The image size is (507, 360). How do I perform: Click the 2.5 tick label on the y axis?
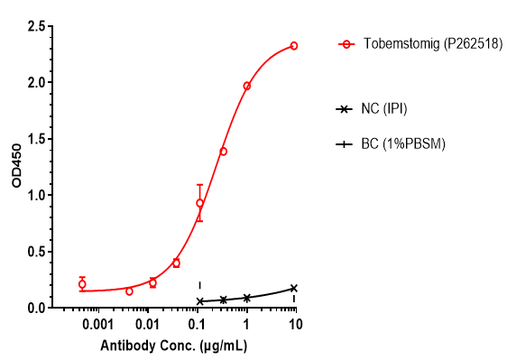pos(37,26)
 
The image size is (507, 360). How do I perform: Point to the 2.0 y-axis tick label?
pos(37,82)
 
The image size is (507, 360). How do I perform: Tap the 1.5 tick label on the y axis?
pos(37,139)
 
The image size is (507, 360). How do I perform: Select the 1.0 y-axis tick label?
pos(37,195)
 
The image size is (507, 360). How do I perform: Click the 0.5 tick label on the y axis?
pos(37,252)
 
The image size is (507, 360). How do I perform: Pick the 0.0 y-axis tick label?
pos(37,308)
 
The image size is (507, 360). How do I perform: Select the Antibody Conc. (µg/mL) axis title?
pos(174,346)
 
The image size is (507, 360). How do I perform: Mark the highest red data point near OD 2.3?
pos(294,45)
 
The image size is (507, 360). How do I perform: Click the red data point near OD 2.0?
pos(247,86)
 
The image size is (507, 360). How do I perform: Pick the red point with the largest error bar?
pos(199,203)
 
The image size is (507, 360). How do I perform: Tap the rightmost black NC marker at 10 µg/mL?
pos(294,288)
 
